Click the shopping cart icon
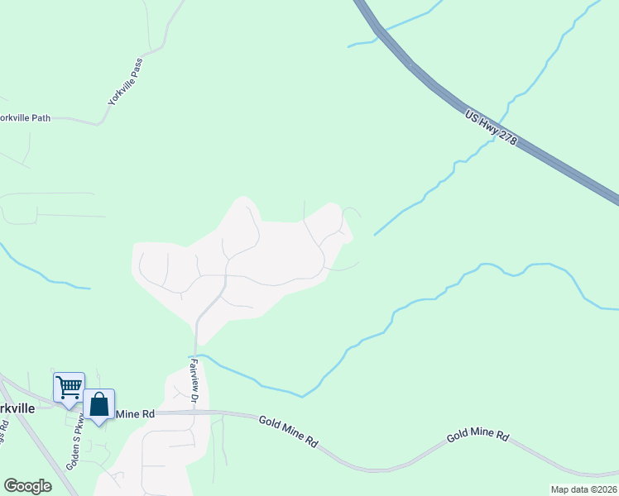pos(69,386)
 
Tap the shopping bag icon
pos(99,404)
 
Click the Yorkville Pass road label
pos(125,81)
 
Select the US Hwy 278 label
pos(491,129)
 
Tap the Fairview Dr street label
pos(194,380)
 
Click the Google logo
pos(28,486)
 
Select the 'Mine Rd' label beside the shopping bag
pos(136,413)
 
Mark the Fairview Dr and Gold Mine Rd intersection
pos(197,412)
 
